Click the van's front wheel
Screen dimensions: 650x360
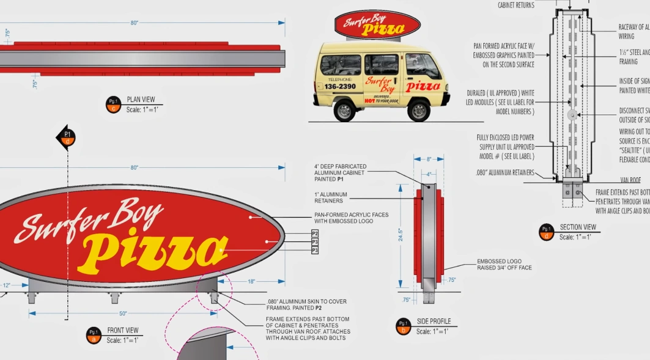419,111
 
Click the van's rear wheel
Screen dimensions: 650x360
344,111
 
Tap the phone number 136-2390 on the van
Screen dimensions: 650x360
340,87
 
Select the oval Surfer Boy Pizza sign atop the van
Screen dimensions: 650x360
377,26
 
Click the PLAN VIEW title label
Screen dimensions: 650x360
141,100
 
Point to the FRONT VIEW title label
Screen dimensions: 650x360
123,331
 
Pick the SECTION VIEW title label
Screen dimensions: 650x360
577,227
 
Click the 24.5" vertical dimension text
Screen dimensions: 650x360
401,235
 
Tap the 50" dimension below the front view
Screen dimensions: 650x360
123,314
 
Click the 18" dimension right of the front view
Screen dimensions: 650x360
251,282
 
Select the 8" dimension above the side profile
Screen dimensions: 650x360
429,159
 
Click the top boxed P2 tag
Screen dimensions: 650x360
315,233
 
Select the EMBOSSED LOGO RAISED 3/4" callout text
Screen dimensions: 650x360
504,265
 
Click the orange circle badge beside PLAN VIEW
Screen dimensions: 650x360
113,105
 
